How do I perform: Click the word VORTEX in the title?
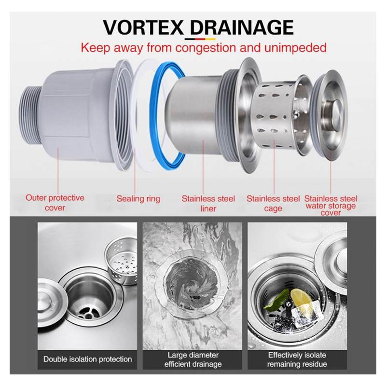click(143, 27)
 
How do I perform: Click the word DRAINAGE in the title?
click(242, 27)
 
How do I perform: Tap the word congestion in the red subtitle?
click(206, 48)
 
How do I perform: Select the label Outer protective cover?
click(55, 203)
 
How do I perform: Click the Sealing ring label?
click(138, 199)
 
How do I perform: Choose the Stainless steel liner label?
click(208, 203)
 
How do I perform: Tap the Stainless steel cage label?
click(273, 203)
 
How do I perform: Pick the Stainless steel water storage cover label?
click(331, 206)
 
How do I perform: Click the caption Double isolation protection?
click(87, 359)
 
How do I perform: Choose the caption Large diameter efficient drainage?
click(193, 359)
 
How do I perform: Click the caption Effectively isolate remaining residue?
click(297, 359)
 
